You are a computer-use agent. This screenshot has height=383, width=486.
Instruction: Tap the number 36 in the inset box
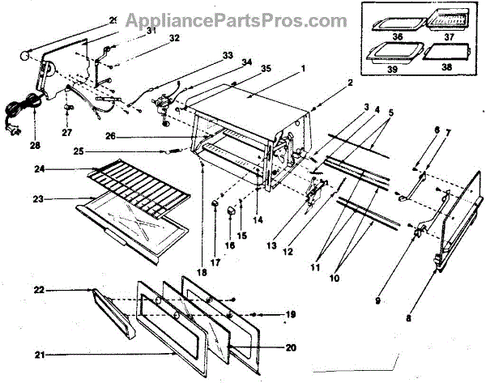pos(376,35)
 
